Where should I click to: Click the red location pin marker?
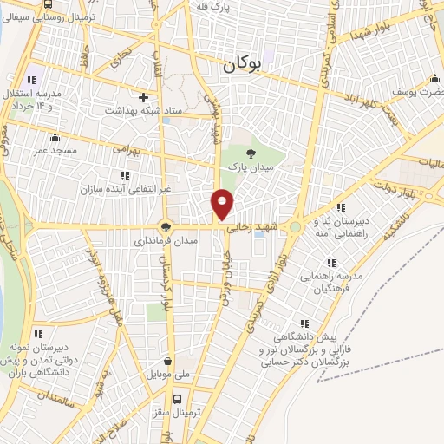[223, 204]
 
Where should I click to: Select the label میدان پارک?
[251, 165]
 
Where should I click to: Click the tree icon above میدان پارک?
[251, 153]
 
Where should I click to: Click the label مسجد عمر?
[56, 150]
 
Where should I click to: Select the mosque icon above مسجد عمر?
[55, 137]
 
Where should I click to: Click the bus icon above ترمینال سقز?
[179, 400]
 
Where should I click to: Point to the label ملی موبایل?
[168, 375]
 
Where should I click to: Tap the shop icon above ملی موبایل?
[167, 362]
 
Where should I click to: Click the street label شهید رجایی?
[251, 229]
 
